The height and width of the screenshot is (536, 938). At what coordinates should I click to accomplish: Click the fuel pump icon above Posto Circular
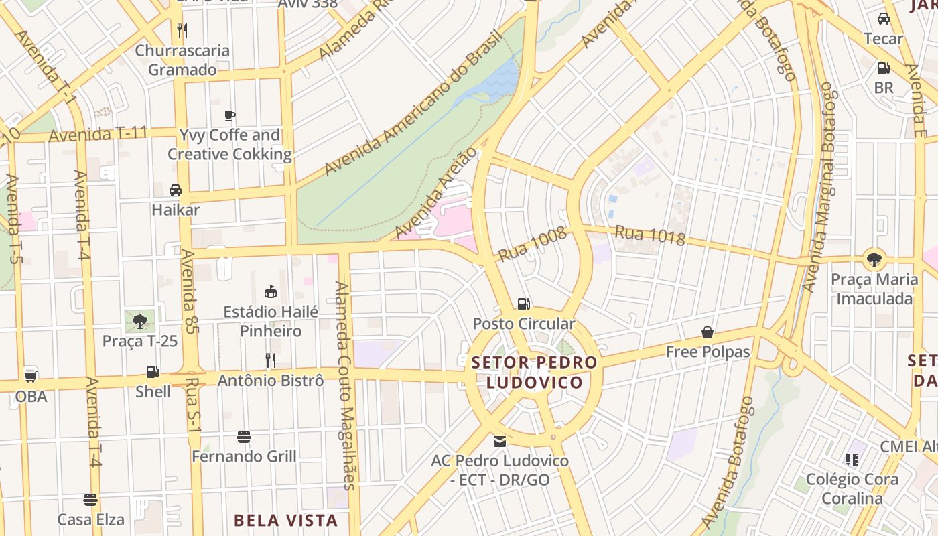click(524, 304)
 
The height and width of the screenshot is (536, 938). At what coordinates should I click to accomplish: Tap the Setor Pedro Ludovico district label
click(534, 373)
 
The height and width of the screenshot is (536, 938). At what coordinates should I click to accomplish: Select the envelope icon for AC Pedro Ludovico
click(500, 442)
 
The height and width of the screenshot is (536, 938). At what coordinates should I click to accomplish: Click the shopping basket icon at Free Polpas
click(707, 332)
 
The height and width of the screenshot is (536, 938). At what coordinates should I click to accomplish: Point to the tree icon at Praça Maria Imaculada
click(874, 259)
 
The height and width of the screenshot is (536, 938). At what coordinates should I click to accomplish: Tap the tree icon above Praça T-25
click(139, 322)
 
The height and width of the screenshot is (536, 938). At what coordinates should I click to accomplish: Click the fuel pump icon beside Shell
click(153, 372)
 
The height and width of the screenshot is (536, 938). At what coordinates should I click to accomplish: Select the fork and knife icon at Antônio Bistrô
click(271, 360)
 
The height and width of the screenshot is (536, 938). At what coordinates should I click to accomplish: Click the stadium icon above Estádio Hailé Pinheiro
click(271, 291)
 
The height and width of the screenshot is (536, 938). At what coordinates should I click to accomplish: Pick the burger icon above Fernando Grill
click(244, 437)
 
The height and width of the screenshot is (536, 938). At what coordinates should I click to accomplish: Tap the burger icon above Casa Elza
click(90, 500)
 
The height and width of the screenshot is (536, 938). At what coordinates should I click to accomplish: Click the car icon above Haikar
click(176, 190)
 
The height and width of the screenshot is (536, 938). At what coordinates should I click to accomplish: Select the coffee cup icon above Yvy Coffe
click(230, 115)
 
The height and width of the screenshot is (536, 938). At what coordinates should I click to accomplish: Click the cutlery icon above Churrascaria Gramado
click(182, 30)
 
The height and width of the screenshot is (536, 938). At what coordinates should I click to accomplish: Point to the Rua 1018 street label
click(649, 236)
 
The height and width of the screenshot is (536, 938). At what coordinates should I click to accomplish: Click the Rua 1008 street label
click(533, 244)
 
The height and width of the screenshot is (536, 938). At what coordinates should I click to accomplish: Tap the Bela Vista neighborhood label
click(285, 520)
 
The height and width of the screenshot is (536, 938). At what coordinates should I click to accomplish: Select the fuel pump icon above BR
click(883, 68)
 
